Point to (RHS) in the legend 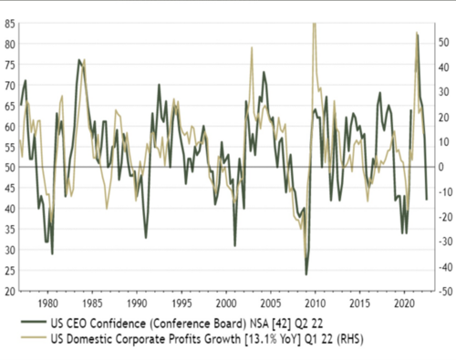coord(326,339)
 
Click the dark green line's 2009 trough coord(306,273)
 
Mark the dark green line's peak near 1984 coord(79,60)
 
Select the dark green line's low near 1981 coord(52,253)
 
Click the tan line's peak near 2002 coord(252,48)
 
